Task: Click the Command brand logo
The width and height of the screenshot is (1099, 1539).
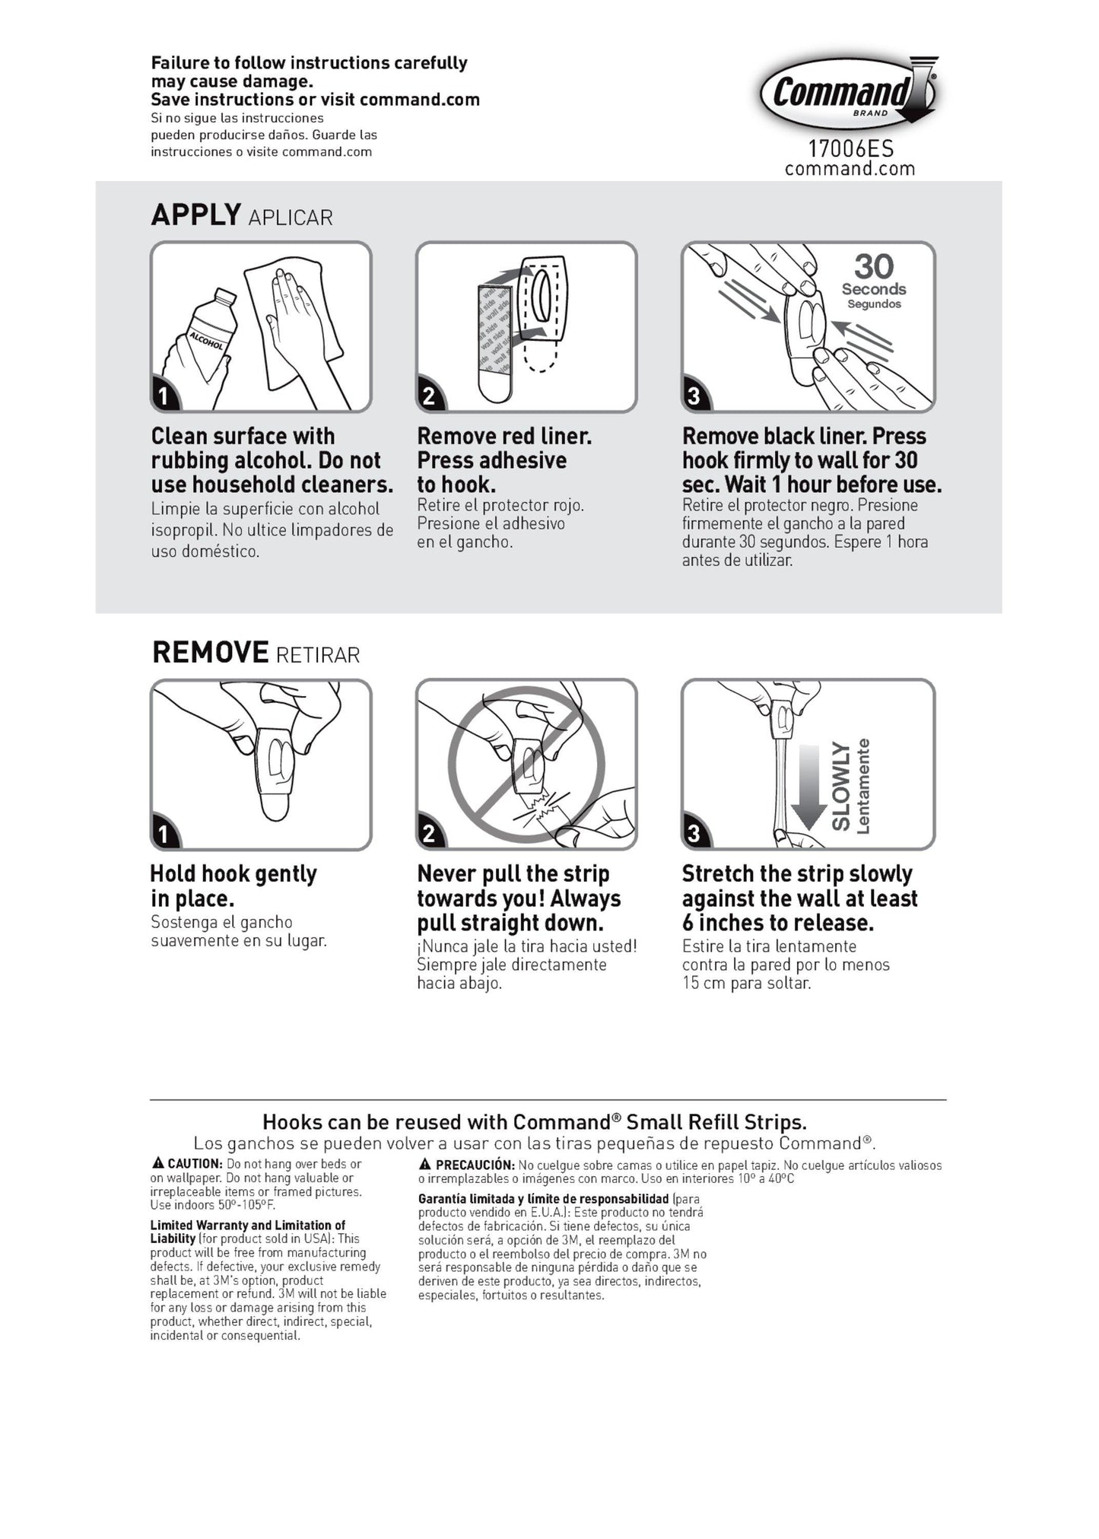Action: pos(850,93)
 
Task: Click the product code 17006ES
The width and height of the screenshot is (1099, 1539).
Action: pos(850,148)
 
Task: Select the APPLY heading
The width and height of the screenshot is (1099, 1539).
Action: pos(196,215)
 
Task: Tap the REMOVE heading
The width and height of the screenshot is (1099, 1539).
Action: pos(211,652)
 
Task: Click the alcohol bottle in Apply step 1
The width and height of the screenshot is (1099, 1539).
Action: pos(202,335)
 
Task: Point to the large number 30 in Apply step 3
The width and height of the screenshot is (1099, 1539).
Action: pos(874,266)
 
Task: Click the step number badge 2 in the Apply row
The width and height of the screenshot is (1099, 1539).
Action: pos(429,396)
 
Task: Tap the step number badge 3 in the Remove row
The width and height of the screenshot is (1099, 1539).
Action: pos(694,834)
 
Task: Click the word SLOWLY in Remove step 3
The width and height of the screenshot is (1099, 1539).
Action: pos(840,787)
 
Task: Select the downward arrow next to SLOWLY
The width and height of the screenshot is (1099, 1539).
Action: pos(808,787)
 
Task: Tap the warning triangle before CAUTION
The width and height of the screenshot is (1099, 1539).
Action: pos(158,1163)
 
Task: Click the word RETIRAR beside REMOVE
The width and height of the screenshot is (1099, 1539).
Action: pos(318,655)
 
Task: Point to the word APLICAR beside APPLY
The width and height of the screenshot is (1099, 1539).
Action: pos(291,218)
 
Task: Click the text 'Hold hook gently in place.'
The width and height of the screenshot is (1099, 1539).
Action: pos(233,886)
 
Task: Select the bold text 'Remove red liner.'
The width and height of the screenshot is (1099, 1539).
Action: pos(504,436)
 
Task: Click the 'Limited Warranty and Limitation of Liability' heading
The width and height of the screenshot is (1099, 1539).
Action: pos(247,1232)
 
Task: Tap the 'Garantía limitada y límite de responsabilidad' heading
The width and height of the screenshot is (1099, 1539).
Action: pos(544,1199)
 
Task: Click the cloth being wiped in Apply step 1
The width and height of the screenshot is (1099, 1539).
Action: pos(293,323)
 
